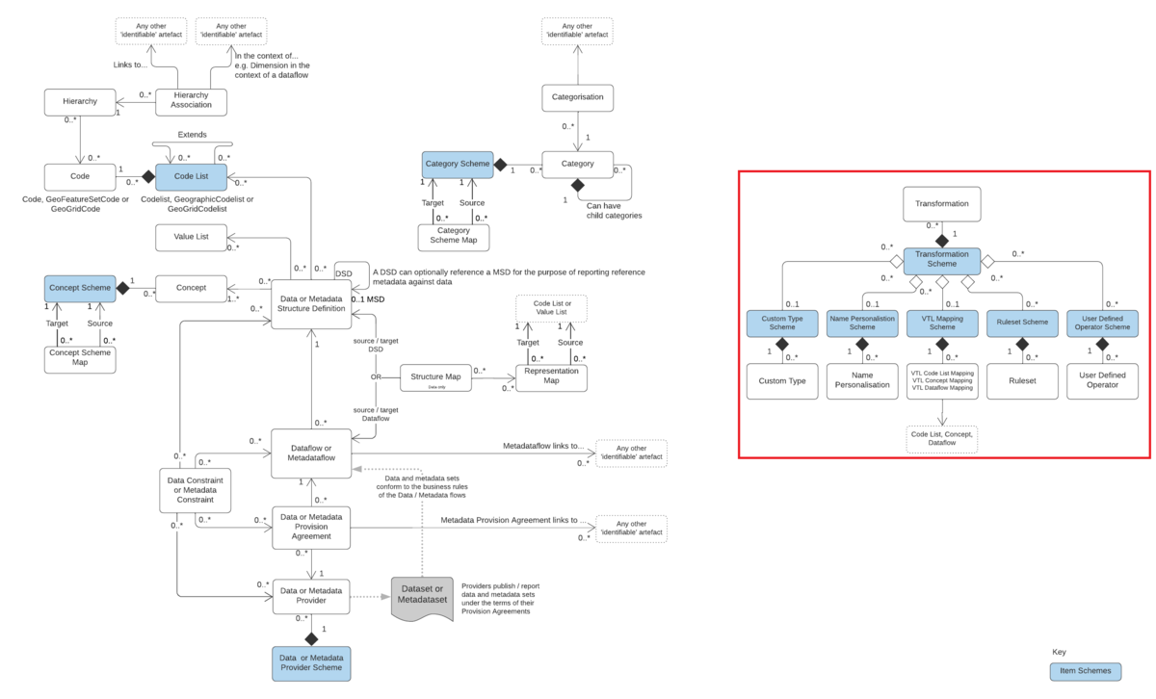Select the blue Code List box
click(x=191, y=177)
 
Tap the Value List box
click(x=191, y=236)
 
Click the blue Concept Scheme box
click(x=79, y=288)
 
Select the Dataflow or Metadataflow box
click(x=310, y=453)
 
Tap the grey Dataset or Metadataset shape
click(x=421, y=597)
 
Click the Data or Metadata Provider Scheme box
click(x=310, y=663)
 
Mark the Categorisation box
click(x=577, y=97)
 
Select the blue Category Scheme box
click(x=457, y=164)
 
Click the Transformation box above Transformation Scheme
click(x=941, y=204)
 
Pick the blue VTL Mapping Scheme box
click(x=941, y=322)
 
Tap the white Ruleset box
click(x=1022, y=380)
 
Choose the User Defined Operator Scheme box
click(x=1102, y=322)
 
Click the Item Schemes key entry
click(x=1086, y=670)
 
